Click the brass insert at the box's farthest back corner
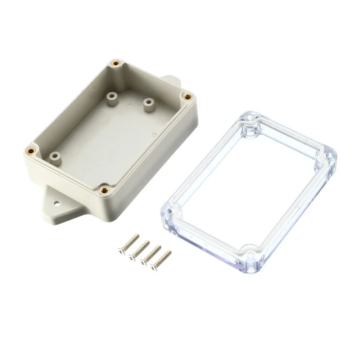click(116, 63)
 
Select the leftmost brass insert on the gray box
click(30, 150)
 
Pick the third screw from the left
click(151, 254)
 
